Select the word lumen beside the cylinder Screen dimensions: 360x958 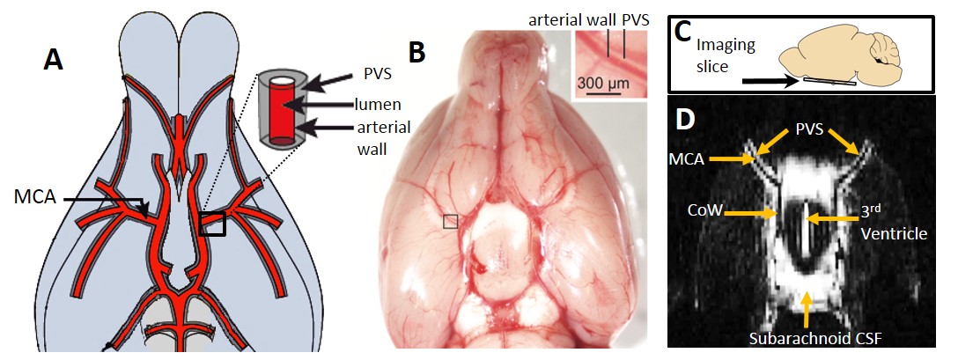click(378, 104)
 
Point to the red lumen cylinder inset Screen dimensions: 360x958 click(281, 107)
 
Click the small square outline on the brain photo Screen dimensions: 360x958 click(450, 221)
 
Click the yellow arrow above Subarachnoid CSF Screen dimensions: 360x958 click(807, 305)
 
